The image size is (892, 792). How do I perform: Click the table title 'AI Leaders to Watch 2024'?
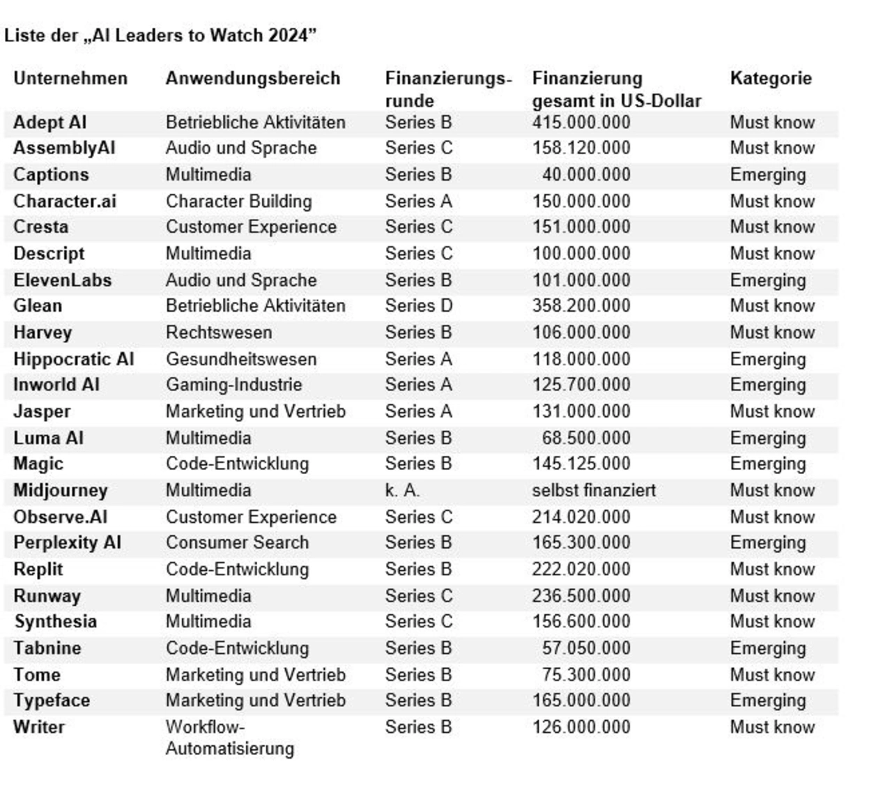click(x=160, y=36)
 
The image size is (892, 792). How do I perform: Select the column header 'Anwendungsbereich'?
click(x=252, y=78)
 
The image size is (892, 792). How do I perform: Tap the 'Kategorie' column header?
click(x=770, y=78)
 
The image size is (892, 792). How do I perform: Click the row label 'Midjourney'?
click(x=61, y=490)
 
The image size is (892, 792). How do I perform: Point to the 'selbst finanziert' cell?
click(x=594, y=490)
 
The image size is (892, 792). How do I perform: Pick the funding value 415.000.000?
click(x=581, y=122)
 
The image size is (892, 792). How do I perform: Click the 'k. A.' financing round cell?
click(x=402, y=490)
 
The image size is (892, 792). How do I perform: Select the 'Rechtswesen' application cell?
click(x=219, y=333)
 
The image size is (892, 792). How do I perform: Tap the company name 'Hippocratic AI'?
click(x=73, y=359)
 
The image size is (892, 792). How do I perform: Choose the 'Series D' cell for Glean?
click(x=418, y=305)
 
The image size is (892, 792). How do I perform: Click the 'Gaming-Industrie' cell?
click(x=233, y=384)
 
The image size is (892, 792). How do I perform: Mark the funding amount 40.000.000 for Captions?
click(x=585, y=174)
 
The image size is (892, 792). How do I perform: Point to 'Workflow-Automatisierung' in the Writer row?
click(x=230, y=737)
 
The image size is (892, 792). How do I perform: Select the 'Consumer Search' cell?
click(x=237, y=542)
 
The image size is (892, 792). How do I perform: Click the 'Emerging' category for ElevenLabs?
click(x=767, y=280)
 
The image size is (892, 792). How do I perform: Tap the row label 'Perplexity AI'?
click(x=67, y=542)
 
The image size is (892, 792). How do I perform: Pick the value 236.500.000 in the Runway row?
click(x=581, y=596)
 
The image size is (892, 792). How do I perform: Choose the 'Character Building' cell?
click(x=238, y=201)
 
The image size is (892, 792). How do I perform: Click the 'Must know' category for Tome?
click(x=771, y=675)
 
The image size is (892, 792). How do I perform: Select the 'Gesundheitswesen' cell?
click(x=240, y=359)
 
